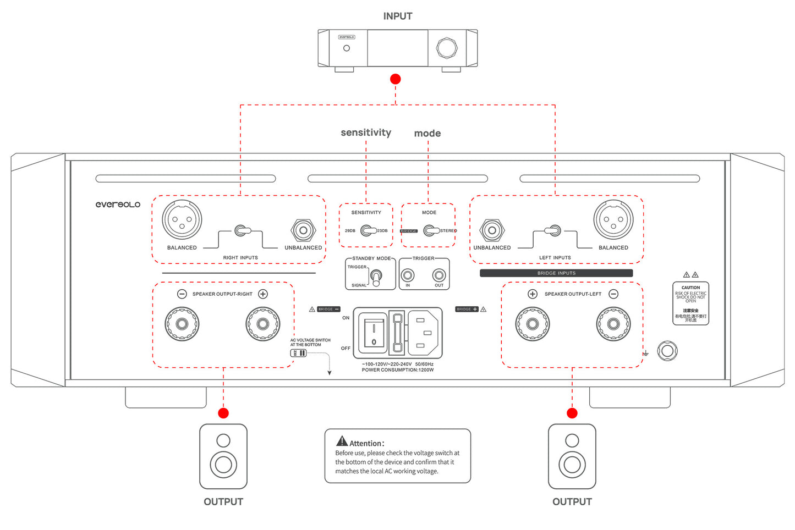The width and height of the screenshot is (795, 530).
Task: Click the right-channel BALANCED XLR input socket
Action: (182, 220)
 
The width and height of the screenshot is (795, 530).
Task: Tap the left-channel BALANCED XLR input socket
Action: (613, 220)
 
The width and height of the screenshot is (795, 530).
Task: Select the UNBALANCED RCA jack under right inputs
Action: (303, 230)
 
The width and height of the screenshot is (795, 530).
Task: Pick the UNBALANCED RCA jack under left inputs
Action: (492, 230)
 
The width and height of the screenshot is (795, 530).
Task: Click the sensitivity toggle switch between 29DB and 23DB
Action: (368, 231)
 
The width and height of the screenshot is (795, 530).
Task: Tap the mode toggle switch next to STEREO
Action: (431, 231)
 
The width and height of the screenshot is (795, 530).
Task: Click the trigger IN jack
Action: (408, 275)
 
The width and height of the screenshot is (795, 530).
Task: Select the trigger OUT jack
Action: (439, 275)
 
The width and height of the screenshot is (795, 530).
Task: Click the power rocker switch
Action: (374, 334)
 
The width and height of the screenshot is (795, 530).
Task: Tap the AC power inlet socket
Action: (422, 333)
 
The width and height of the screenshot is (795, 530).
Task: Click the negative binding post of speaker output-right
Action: (182, 324)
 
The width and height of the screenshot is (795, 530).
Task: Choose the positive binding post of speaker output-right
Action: (263, 324)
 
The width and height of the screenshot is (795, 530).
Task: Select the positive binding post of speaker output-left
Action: (533, 324)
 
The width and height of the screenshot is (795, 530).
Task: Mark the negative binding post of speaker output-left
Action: (613, 324)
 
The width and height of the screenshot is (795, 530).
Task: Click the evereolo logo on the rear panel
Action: (118, 205)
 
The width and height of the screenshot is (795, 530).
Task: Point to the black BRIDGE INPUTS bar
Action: (556, 273)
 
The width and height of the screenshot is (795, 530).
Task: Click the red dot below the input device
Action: (396, 79)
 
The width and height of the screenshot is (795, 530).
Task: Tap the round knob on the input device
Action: (447, 48)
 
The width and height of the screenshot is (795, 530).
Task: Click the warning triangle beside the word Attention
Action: (342, 441)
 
